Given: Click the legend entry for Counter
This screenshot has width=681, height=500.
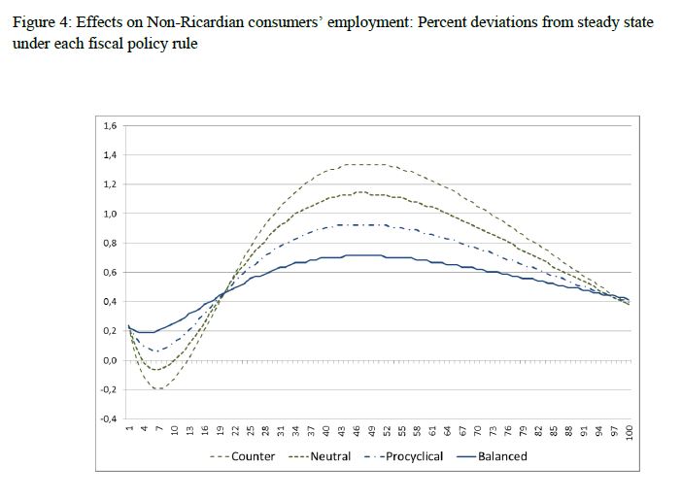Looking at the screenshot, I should (243, 455).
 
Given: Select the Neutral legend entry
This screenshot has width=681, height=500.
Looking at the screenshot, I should (317, 455).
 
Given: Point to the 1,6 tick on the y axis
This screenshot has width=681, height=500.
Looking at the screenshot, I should (110, 125).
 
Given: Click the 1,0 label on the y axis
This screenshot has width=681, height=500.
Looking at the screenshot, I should (110, 214).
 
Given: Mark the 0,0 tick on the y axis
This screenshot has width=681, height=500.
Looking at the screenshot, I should (110, 360).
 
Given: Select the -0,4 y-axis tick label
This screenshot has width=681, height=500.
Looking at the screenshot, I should (108, 419).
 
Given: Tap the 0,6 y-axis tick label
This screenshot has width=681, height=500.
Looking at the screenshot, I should (110, 272).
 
